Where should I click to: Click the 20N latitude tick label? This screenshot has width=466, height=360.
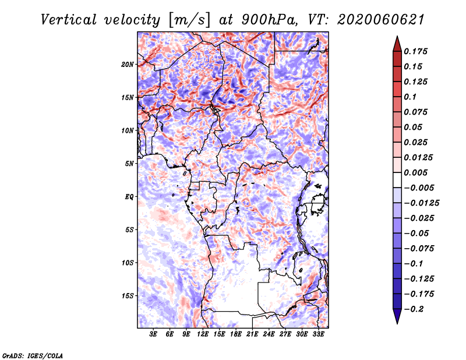(128, 65)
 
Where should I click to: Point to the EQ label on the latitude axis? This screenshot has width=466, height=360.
(129, 197)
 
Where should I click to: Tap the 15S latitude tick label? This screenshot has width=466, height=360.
(128, 296)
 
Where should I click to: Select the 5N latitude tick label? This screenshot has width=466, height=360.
(129, 164)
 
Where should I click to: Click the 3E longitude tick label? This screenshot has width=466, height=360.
(153, 334)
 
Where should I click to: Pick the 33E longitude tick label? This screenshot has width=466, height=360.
(318, 334)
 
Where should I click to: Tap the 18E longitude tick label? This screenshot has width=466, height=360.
(236, 334)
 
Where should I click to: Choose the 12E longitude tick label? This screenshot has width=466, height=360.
(203, 334)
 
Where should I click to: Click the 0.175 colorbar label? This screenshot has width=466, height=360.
(415, 51)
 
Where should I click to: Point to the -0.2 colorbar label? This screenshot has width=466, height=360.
(414, 309)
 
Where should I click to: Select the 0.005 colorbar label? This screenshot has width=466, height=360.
(415, 172)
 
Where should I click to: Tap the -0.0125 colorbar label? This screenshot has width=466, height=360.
(421, 203)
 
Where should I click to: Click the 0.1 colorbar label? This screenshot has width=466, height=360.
(410, 97)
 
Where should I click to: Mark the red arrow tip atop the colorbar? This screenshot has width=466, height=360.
(397, 36)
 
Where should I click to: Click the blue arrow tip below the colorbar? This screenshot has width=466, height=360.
(397, 323)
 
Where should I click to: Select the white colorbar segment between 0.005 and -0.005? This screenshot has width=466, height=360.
(397, 180)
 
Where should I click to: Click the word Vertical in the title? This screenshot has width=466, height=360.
(68, 20)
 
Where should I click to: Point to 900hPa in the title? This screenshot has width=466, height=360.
(269, 20)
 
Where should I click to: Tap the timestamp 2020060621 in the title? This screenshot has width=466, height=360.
(381, 20)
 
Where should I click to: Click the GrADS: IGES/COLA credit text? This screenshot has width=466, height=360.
(33, 355)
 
